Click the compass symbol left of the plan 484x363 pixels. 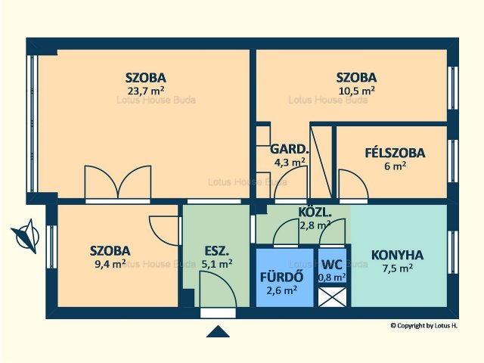click(26, 237)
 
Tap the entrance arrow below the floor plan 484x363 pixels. click(218, 331)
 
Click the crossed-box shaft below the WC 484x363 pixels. click(332, 297)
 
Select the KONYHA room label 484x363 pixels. click(397, 256)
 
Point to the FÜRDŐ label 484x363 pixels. click(281, 277)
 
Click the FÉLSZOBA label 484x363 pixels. click(395, 153)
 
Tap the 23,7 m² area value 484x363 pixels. click(145, 91)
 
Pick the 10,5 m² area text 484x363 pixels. click(357, 91)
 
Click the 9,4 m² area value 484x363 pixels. click(110, 265)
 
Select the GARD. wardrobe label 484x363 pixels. click(289, 149)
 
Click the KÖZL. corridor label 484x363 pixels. click(315, 213)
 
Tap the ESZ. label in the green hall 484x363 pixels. click(217, 251)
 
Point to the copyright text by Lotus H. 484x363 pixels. click(424, 326)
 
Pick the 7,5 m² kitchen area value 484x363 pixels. click(398, 268)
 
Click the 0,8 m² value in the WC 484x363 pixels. click(332, 278)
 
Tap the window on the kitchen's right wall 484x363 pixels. click(453, 252)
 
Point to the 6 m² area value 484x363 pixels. click(395, 166)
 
